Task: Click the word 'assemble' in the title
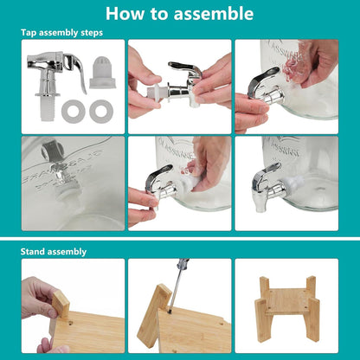[214, 14]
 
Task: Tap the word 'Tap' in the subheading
[29, 33]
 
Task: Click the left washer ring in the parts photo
[74, 112]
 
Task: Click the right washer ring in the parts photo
[101, 112]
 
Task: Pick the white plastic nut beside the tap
[100, 72]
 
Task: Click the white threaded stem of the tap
[48, 108]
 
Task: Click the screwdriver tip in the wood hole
[170, 311]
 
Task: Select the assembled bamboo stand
[287, 309]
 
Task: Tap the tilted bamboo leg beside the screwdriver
[154, 316]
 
